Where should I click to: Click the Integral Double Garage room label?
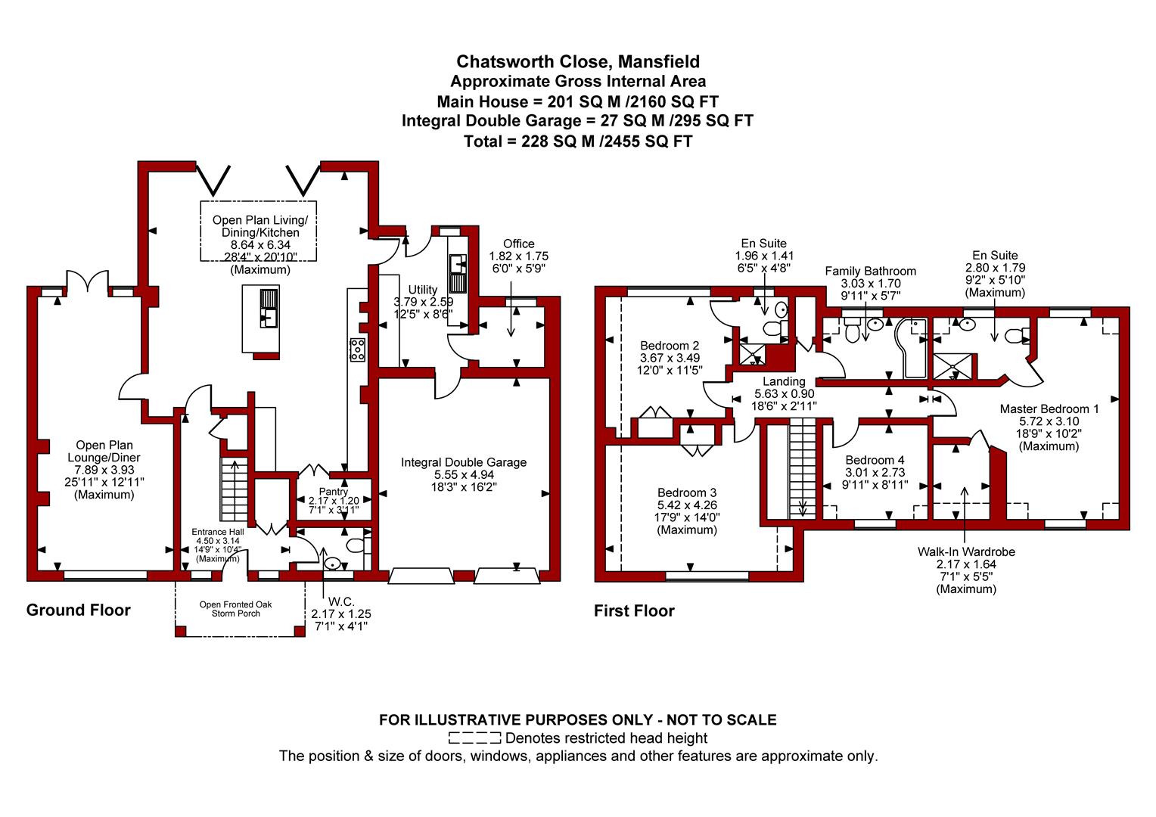pyautogui.click(x=464, y=462)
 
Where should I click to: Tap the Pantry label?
pyautogui.click(x=334, y=492)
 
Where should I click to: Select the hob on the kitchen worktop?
pyautogui.click(x=358, y=349)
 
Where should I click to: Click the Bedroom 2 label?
pyautogui.click(x=670, y=345)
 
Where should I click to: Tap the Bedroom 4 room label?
pyautogui.click(x=875, y=460)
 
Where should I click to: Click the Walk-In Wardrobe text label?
pyautogui.click(x=966, y=551)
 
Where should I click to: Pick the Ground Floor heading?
pyautogui.click(x=79, y=610)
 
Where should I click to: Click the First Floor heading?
pyautogui.click(x=634, y=611)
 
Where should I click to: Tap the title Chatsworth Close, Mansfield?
pyautogui.click(x=578, y=62)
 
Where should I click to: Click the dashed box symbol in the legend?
pyautogui.click(x=475, y=738)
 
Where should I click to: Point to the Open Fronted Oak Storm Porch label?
pyautogui.click(x=236, y=609)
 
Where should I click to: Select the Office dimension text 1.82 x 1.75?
pyautogui.click(x=519, y=256)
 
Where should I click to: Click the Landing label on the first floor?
pyautogui.click(x=784, y=381)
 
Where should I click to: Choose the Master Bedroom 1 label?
pyautogui.click(x=1049, y=408)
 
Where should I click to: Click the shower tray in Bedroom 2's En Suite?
pyautogui.click(x=753, y=354)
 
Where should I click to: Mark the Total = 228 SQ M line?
pyautogui.click(x=578, y=141)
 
